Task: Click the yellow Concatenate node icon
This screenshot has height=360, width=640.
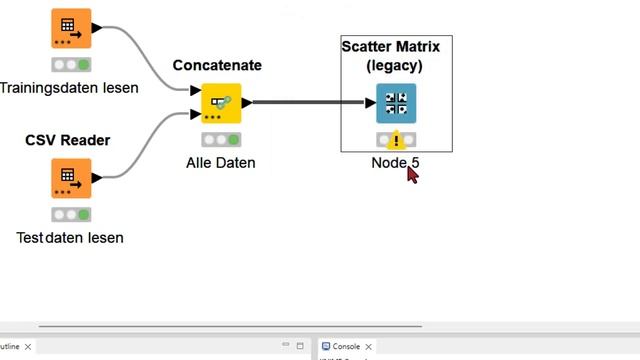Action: (221, 103)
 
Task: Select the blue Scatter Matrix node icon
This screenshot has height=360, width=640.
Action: (396, 103)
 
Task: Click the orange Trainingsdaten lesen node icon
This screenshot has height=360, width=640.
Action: (71, 29)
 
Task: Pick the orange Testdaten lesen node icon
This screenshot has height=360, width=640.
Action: (71, 178)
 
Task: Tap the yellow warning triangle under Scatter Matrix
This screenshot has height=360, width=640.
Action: (397, 140)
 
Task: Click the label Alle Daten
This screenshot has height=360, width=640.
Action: (221, 162)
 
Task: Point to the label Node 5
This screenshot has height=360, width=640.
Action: (396, 163)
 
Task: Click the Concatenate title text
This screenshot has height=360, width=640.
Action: (217, 65)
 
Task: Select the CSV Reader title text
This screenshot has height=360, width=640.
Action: (67, 140)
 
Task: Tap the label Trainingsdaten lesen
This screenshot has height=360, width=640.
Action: (69, 88)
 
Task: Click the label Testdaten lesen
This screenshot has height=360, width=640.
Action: (70, 238)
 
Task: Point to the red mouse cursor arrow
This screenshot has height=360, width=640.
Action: (412, 174)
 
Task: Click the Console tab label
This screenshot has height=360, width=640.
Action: (346, 346)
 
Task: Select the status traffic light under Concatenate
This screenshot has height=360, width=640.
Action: (221, 140)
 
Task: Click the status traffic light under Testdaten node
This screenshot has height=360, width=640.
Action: (71, 215)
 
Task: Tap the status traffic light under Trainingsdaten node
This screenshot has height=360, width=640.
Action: (71, 65)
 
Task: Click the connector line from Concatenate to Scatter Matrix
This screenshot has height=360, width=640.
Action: (310, 102)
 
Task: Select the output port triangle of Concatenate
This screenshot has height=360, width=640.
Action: (246, 102)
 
